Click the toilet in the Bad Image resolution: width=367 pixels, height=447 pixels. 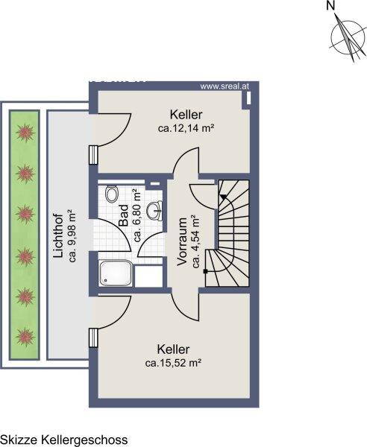click(111, 194)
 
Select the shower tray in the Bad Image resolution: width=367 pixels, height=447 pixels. click(116, 273)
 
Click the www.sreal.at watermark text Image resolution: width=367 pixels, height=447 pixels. click(225, 86)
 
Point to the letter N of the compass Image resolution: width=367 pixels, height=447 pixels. click(330, 6)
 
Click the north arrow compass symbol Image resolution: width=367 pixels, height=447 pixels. click(348, 38)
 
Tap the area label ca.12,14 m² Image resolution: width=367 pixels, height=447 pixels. click(186, 128)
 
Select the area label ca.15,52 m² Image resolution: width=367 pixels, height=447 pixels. click(174, 363)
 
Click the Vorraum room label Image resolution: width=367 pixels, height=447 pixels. click(182, 241)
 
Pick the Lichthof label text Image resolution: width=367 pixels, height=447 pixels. click(58, 236)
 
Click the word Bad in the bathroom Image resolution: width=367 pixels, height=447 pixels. click(123, 215)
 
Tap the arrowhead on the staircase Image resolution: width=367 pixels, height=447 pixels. click(223, 197)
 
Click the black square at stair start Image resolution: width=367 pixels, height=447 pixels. click(205, 271)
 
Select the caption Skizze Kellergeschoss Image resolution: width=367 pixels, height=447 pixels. click(64, 440)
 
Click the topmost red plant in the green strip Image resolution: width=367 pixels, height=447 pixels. click(25, 133)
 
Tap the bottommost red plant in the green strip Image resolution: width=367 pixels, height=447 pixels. click(25, 337)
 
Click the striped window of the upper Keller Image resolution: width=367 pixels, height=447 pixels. click(93, 155)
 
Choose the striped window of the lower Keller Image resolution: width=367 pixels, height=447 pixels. click(93, 337)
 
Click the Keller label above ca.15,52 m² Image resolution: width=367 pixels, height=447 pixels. click(173, 349)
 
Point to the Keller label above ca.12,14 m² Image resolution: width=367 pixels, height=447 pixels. click(186, 115)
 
